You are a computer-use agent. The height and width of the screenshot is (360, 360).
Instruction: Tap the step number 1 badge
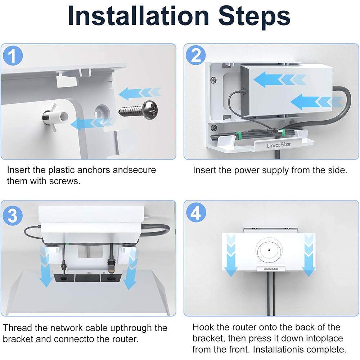pos(13,55)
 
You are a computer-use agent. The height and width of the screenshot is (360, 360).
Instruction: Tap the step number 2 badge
pos(195,55)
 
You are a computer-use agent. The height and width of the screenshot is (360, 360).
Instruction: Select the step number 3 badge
pos(13,216)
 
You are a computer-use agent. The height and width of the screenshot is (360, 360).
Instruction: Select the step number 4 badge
pos(196,212)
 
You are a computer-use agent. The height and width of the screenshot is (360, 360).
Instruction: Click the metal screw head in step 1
pos(150,110)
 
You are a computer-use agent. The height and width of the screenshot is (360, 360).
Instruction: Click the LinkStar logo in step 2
pos(279,145)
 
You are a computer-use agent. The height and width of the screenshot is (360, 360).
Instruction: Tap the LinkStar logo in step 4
pos(271,269)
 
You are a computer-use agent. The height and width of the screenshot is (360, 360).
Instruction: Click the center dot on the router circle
pos(269,250)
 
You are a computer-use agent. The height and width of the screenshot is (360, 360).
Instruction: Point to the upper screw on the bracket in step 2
pos(213,80)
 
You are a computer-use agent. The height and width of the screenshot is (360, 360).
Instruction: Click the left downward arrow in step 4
pos(231,255)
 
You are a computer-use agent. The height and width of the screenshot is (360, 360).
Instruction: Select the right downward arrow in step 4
pos(309,255)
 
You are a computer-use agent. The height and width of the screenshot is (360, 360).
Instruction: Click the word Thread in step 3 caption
pos(17,328)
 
